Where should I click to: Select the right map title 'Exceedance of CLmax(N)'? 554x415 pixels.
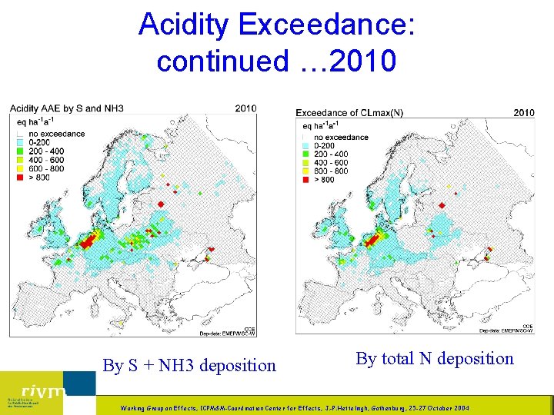349,113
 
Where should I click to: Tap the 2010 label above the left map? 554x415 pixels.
245,108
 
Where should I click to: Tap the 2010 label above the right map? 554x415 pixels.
523,113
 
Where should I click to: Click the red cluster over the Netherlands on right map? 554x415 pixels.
376,240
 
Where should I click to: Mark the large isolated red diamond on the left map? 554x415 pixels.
162,203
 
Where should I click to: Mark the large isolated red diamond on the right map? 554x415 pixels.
442,205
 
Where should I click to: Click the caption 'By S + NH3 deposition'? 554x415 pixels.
189,366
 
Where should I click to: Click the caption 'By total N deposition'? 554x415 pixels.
435,359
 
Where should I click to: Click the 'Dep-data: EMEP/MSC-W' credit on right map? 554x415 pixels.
506,330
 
